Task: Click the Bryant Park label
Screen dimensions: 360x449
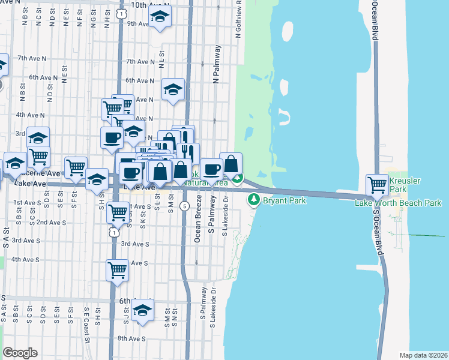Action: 285,200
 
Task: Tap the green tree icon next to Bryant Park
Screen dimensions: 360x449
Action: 255,199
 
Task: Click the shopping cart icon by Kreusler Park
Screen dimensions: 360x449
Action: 377,184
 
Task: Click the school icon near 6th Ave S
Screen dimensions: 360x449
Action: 142,310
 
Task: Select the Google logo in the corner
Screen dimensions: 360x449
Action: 20,352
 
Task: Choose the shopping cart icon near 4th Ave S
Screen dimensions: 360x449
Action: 117,270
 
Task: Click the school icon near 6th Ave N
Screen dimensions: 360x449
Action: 173,91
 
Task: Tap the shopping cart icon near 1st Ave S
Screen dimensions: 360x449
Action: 119,211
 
